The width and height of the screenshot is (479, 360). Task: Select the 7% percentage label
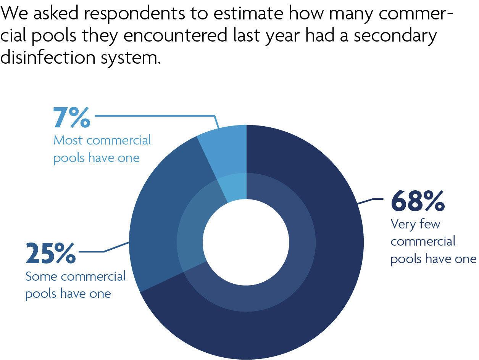(x=72, y=118)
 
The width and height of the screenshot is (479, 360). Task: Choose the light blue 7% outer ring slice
(x=225, y=149)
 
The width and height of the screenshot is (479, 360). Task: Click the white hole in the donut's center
(x=246, y=242)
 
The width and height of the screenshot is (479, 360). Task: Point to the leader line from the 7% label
(x=153, y=115)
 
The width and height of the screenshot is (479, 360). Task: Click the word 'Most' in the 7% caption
(x=68, y=140)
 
